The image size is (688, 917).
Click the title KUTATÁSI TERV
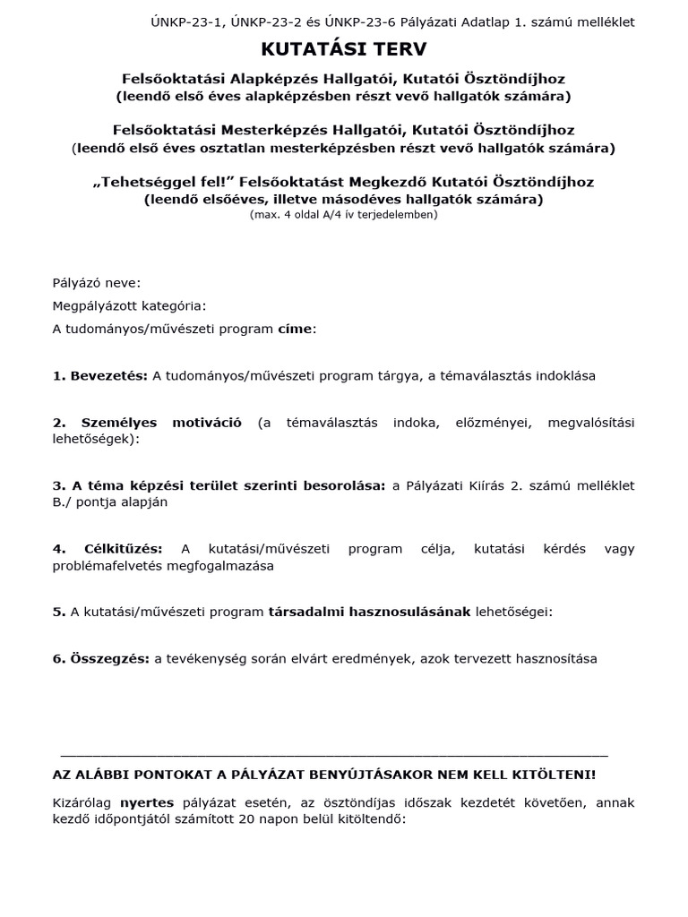pyautogui.click(x=344, y=48)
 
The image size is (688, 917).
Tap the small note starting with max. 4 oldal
pyautogui.click(x=344, y=215)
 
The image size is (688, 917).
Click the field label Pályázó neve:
pyautogui.click(x=97, y=283)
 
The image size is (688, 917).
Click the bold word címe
pyautogui.click(x=295, y=329)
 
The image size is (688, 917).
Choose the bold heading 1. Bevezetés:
pyautogui.click(x=100, y=376)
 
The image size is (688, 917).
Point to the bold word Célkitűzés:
pyautogui.click(x=129, y=549)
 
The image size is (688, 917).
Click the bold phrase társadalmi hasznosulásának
pyautogui.click(x=369, y=613)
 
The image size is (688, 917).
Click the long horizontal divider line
pyautogui.click(x=333, y=757)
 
